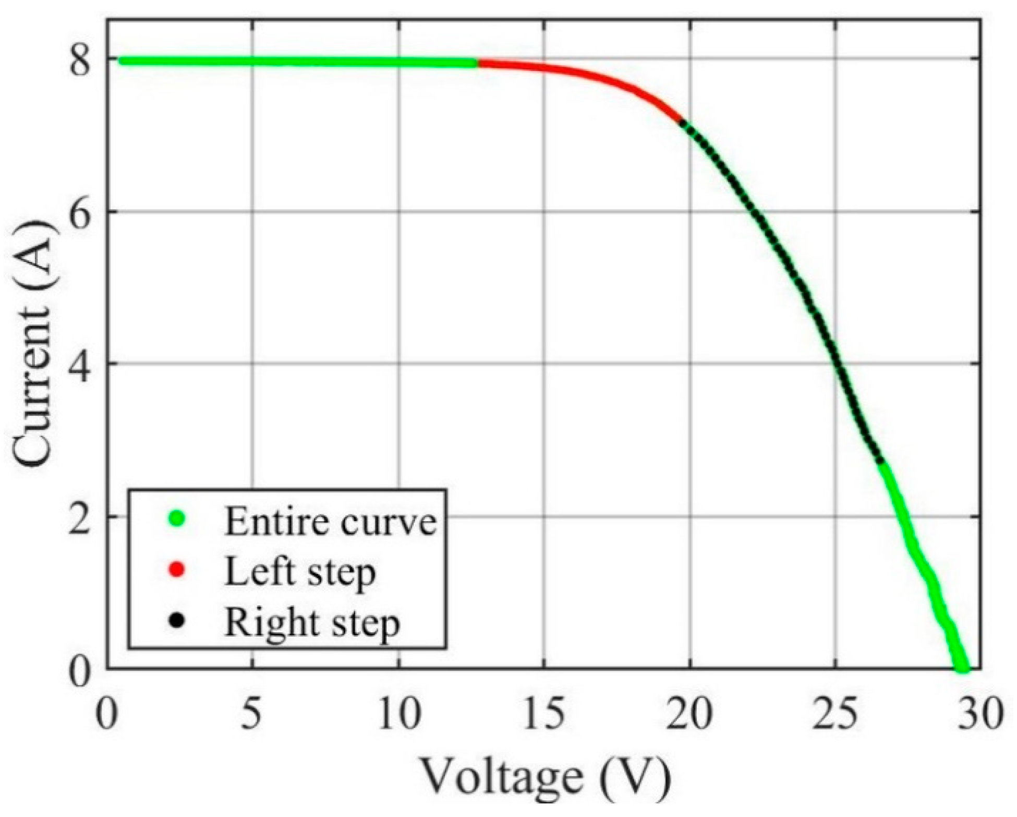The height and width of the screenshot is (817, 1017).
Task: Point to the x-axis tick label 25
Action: click(836, 715)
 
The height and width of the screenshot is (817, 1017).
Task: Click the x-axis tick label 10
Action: click(398, 715)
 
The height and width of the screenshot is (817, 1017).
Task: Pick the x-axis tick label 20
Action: click(689, 715)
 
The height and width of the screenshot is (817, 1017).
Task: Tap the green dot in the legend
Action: click(178, 519)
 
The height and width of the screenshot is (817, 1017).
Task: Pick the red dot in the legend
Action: click(178, 570)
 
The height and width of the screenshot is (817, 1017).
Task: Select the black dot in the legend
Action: click(178, 620)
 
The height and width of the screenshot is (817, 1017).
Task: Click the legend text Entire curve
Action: click(330, 521)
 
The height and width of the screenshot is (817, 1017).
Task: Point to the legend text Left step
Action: click(300, 572)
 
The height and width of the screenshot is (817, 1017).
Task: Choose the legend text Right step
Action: click(311, 622)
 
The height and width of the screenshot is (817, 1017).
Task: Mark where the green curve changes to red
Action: click(477, 63)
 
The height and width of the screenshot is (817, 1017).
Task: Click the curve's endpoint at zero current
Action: click(961, 668)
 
